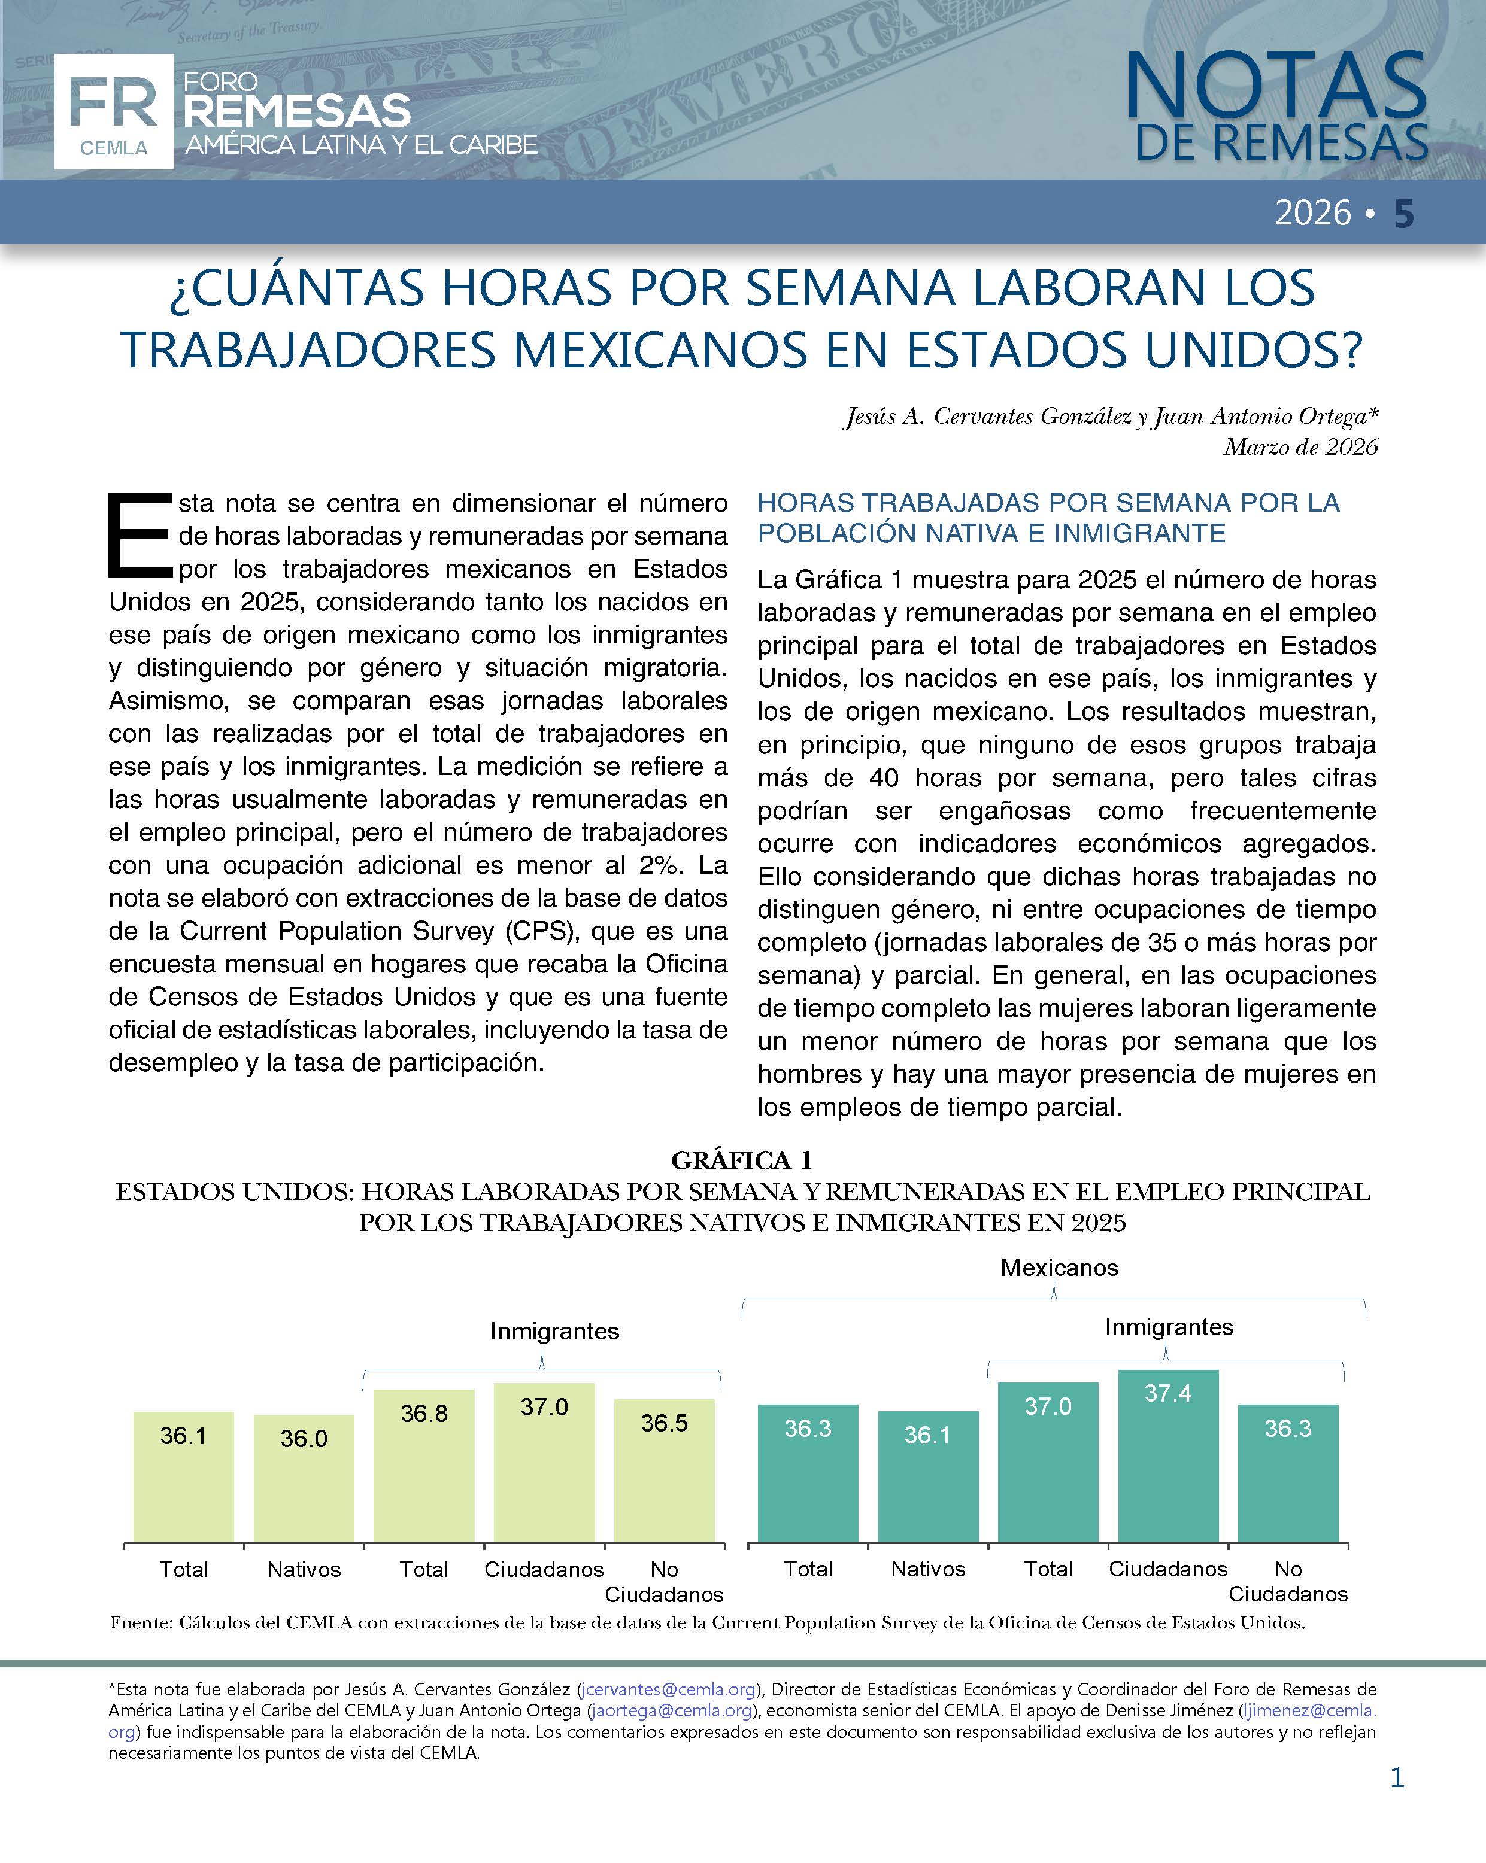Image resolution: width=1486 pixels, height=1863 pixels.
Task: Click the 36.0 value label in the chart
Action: point(304,1438)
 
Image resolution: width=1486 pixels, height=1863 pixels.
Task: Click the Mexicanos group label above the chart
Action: point(1059,1268)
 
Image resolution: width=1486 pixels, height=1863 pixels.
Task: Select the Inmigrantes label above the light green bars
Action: point(554,1331)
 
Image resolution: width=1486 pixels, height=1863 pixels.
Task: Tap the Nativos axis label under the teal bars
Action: point(927,1569)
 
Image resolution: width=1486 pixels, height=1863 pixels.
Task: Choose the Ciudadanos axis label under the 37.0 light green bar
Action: point(544,1569)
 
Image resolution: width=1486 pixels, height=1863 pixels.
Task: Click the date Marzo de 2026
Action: point(1300,446)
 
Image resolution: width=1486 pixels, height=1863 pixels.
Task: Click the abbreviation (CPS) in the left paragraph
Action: point(523,931)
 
